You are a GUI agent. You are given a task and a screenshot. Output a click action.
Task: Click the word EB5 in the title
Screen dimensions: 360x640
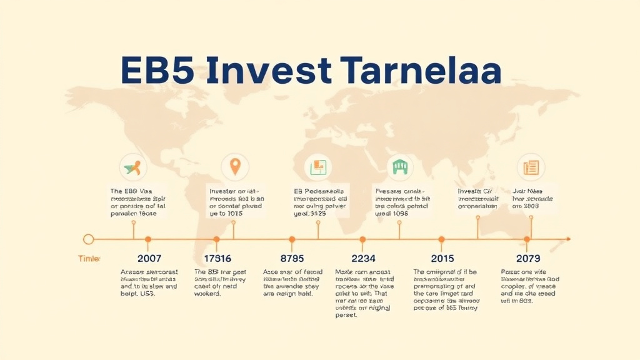[156, 71]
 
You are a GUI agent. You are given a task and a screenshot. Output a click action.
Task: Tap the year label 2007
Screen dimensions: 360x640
[149, 258]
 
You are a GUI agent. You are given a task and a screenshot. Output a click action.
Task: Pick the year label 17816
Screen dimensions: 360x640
[217, 258]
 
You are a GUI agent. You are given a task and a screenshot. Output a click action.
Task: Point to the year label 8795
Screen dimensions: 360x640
[292, 258]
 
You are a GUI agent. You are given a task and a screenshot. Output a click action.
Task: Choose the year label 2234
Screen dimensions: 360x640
[362, 258]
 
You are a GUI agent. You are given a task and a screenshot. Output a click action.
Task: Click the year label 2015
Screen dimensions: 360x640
[442, 258]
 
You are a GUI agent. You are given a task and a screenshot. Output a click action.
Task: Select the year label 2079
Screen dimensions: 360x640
[528, 258]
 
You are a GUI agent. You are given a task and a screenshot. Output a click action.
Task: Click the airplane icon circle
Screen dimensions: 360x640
[132, 167]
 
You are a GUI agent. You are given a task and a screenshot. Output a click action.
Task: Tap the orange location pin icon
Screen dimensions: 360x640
[234, 167]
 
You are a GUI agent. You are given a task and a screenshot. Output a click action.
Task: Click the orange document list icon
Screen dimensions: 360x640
[531, 167]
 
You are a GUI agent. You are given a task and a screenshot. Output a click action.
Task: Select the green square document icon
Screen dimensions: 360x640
[318, 167]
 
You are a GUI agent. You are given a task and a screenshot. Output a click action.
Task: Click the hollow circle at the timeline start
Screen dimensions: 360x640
[89, 239]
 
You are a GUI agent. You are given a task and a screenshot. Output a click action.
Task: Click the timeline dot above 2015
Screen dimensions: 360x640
[441, 239]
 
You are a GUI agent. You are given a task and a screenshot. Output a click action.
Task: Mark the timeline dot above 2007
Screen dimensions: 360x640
[148, 239]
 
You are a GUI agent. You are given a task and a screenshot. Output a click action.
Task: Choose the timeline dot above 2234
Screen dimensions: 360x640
[362, 239]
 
